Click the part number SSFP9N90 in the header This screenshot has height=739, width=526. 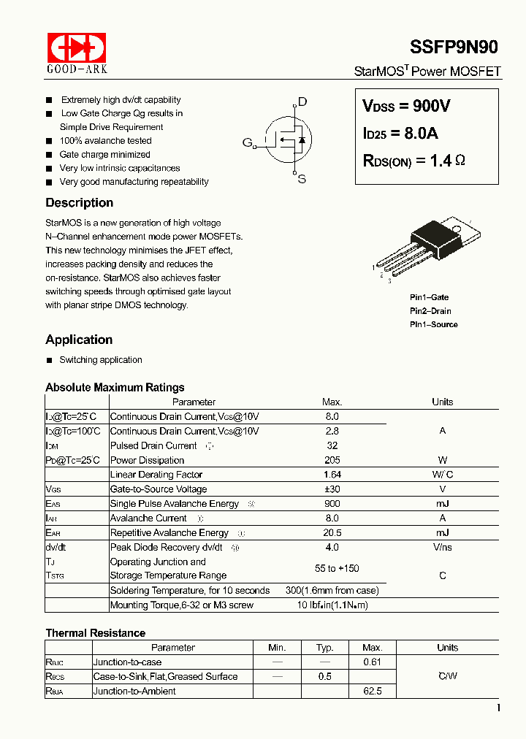tap(454, 47)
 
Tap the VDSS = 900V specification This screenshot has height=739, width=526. tap(406, 106)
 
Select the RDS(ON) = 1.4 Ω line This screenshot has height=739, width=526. tap(413, 161)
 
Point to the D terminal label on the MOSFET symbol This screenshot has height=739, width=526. tap(302, 102)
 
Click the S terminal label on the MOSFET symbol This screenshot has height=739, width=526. tap(301, 179)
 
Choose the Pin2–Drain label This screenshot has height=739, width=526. tap(430, 311)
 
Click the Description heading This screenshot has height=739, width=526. tap(79, 203)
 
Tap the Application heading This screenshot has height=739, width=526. tap(79, 340)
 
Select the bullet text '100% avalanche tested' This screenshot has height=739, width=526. tap(105, 141)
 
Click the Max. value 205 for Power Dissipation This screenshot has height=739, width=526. tap(332, 460)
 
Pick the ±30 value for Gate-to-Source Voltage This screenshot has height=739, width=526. tap(332, 489)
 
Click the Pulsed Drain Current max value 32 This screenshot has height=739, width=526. tap(332, 445)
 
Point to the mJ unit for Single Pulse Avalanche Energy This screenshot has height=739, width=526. tap(442, 504)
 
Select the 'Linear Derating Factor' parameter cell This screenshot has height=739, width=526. tap(156, 475)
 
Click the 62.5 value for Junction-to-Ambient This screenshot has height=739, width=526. tap(372, 691)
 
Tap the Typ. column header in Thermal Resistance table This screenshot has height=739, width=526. tap(325, 648)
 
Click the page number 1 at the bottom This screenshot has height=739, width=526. tap(498, 708)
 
